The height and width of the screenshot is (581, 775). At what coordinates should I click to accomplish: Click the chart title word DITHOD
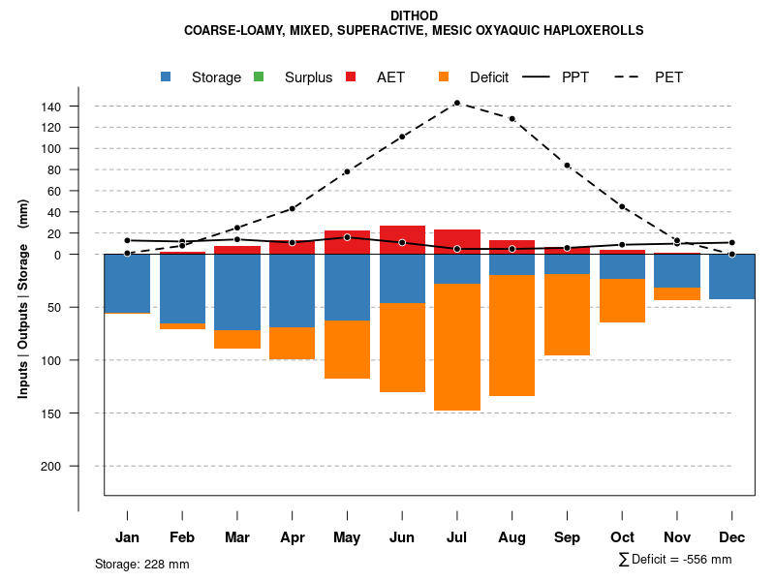pos(414,15)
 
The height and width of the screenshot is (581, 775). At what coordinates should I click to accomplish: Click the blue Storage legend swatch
pos(167,76)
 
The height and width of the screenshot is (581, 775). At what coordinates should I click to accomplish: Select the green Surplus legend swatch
pos(259,76)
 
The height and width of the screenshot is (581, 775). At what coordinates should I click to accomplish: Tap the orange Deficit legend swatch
pos(444,76)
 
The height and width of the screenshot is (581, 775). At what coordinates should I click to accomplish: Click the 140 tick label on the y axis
pos(78,107)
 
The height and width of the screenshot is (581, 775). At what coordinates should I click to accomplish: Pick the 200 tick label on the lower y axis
pos(78,466)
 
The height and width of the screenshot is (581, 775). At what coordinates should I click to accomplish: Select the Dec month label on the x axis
pos(732,537)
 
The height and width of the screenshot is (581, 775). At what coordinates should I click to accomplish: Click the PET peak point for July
pos(456,103)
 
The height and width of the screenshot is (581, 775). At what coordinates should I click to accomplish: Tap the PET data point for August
pos(511,118)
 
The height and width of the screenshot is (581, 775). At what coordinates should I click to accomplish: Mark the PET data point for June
pos(402,137)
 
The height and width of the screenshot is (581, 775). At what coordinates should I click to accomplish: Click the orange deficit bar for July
pos(456,347)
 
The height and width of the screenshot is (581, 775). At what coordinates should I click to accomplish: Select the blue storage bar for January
pos(127,284)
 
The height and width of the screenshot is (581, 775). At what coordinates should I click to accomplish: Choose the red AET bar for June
pos(402,239)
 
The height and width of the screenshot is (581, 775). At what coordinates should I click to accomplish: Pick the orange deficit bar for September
pos(567,315)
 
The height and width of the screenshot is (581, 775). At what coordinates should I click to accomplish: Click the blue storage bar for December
pos(732,277)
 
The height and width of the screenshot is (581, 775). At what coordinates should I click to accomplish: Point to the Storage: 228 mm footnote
pos(142,564)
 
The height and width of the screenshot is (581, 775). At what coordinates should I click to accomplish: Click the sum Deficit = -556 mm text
pos(674,560)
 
